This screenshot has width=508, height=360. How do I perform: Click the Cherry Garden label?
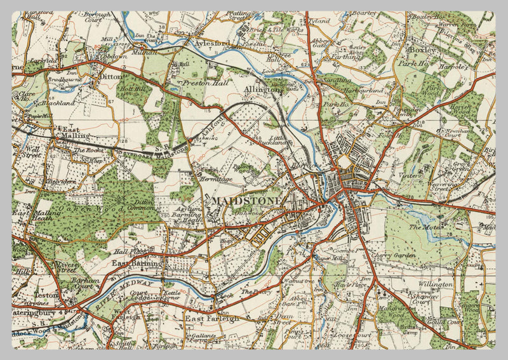[400, 255]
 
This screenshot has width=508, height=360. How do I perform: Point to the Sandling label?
[335, 81]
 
